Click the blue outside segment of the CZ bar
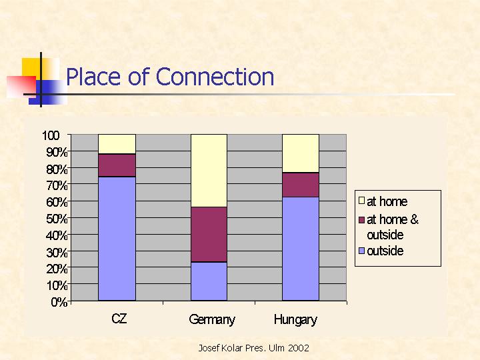tap(117, 239)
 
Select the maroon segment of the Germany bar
tap(209, 235)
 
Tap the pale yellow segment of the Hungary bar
tap(301, 153)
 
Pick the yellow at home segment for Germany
tap(209, 171)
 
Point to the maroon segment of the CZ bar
tap(117, 165)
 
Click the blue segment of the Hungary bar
tap(301, 249)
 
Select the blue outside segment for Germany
tap(209, 281)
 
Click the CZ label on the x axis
tap(119, 319)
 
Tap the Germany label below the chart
tap(212, 319)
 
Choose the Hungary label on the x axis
tap(295, 320)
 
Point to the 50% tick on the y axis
tap(57, 219)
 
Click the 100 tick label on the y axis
tap(51, 135)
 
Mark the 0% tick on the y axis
tap(59, 302)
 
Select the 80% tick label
tap(57, 169)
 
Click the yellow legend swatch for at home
tap(361, 201)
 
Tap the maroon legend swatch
tap(361, 220)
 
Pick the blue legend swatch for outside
tap(361, 251)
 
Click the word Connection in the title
tap(215, 77)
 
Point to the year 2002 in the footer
tap(299, 348)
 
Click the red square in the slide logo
tap(21, 87)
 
